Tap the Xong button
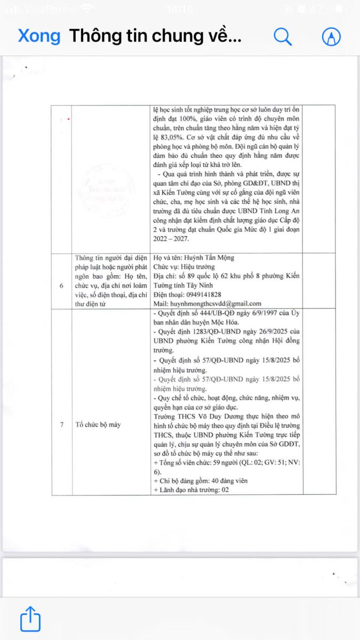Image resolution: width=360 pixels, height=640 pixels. [39, 36]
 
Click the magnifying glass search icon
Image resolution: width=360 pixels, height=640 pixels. [283, 36]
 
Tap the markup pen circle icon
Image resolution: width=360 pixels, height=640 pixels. [331, 36]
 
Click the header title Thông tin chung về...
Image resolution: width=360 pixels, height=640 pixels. [155, 36]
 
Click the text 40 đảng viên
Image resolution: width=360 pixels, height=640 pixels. [224, 481]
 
